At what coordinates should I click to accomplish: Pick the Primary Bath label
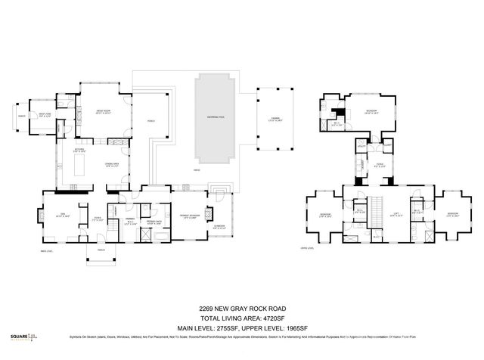154,222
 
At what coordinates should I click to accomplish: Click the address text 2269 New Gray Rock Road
241,309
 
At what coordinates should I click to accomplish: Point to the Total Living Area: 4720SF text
241,317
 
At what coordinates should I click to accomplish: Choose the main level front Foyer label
98,219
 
